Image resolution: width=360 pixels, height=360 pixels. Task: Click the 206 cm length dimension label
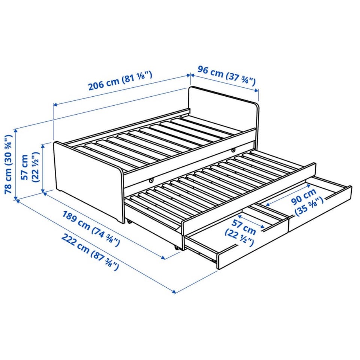click(x=120, y=81)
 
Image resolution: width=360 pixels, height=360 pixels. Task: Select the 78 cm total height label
click(x=8, y=164)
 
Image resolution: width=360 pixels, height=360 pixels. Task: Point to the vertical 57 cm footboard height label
click(x=29, y=167)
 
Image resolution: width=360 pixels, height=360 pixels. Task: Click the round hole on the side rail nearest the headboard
click(x=233, y=150)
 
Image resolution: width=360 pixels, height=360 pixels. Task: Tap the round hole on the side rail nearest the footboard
click(x=151, y=181)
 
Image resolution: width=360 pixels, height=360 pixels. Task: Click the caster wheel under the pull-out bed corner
click(x=177, y=248)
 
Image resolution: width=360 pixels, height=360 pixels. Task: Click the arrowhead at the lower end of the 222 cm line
click(x=174, y=292)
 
